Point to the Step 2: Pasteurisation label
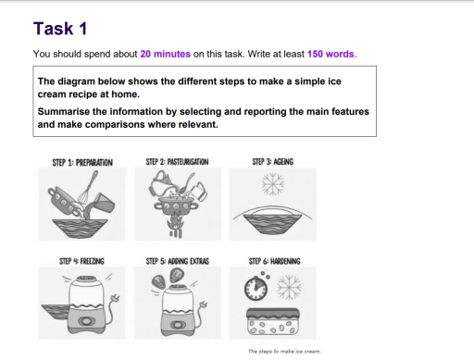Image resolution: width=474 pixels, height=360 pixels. (177, 162)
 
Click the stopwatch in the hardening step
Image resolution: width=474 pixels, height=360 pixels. (257, 289)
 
